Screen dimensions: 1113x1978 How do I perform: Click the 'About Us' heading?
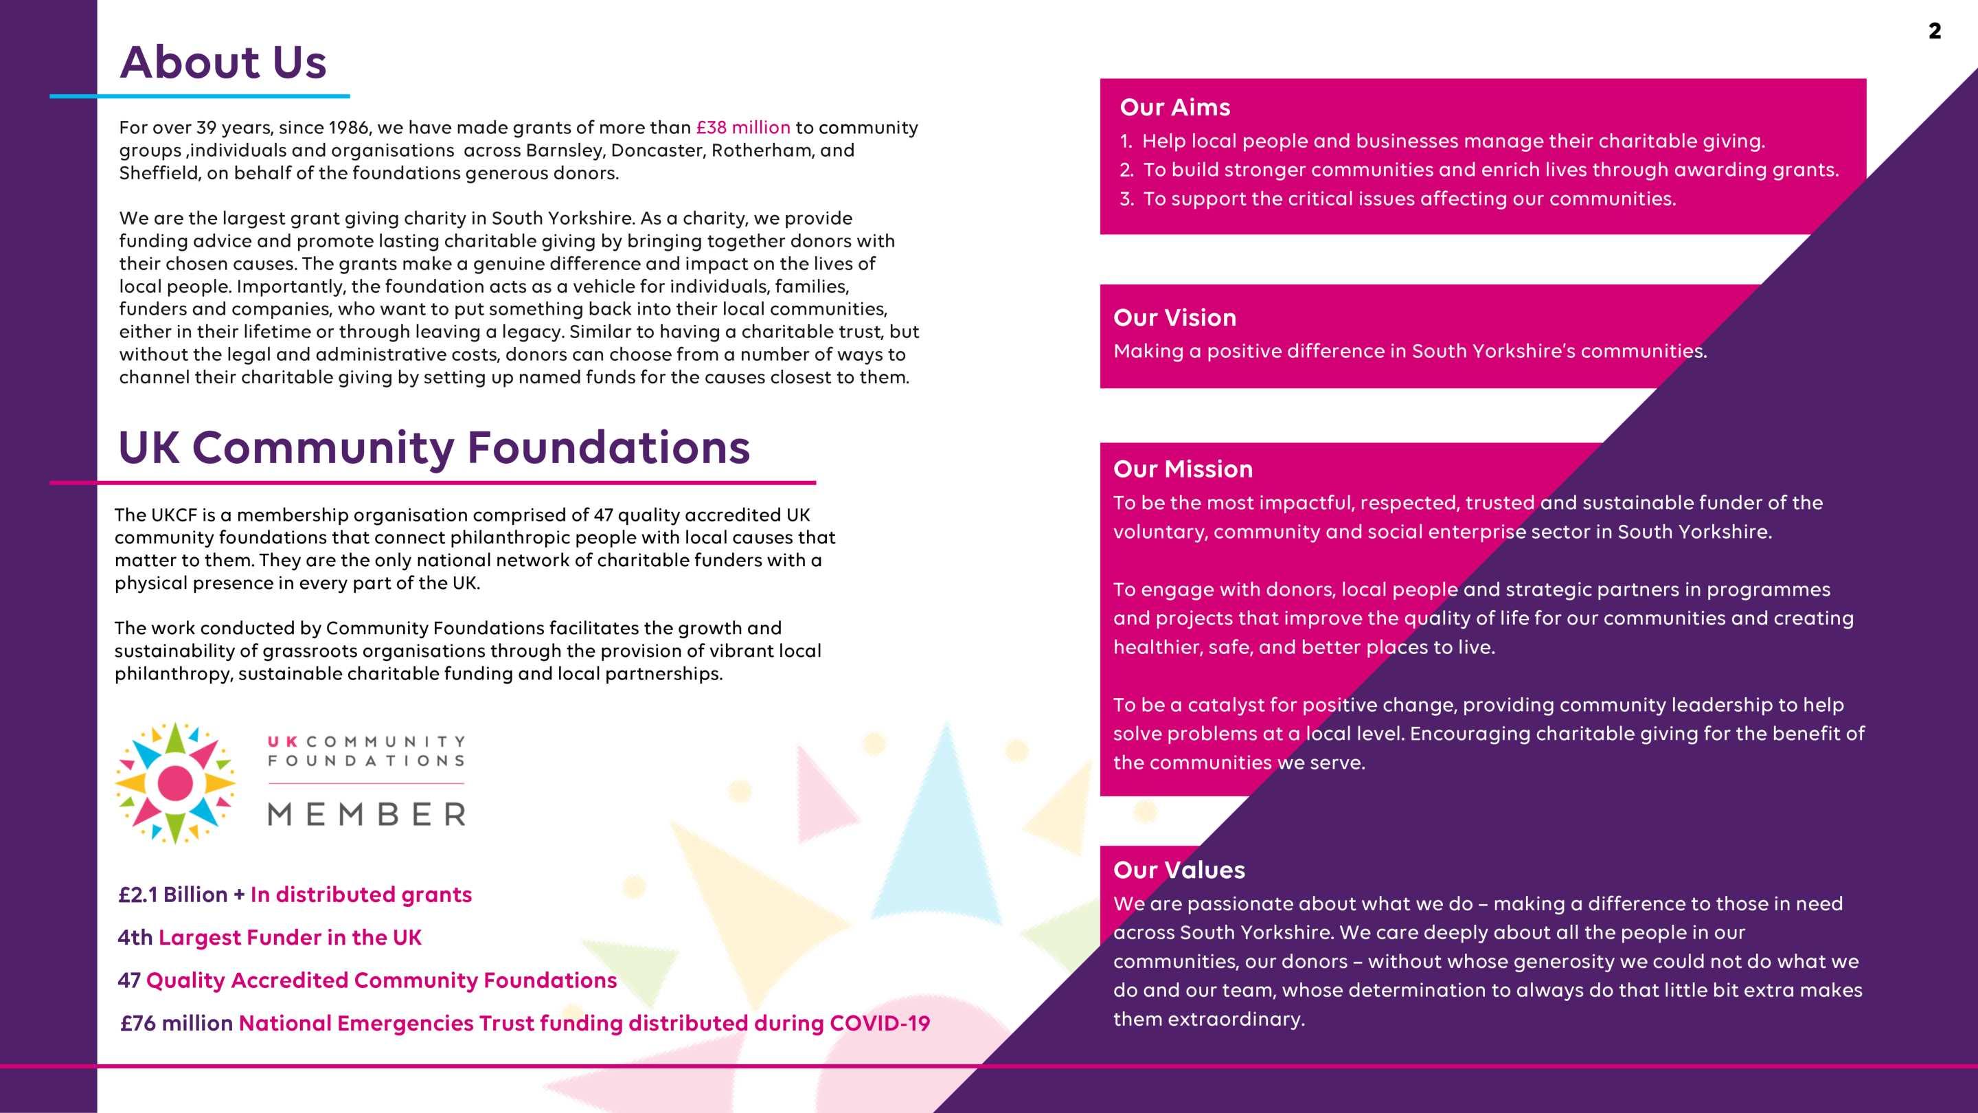(223, 63)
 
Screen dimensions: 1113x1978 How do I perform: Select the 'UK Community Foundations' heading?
(434, 448)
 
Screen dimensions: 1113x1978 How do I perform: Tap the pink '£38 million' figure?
(742, 128)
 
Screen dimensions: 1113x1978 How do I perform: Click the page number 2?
(1934, 32)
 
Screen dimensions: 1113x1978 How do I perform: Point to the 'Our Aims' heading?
(1175, 108)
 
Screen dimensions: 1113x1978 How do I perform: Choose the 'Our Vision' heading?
(1175, 317)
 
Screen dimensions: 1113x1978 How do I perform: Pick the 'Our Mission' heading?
(1183, 469)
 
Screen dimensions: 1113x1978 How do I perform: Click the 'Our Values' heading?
(1179, 870)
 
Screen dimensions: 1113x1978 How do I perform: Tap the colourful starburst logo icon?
(175, 783)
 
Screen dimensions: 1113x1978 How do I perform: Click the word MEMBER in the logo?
(366, 814)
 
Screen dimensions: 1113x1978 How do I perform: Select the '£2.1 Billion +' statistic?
(181, 895)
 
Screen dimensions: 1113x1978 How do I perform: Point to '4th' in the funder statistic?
(135, 938)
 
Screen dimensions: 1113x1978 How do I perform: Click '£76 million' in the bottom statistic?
(177, 1023)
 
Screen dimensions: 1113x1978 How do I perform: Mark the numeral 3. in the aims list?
(1126, 199)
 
